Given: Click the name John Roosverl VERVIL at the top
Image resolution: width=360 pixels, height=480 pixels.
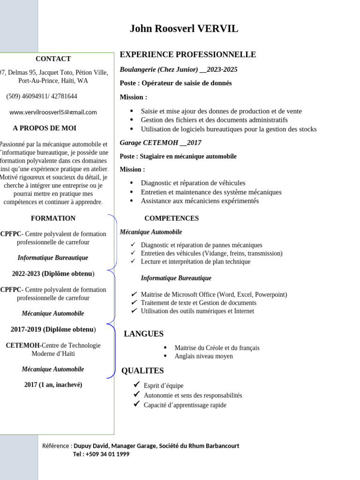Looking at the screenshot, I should (184, 29).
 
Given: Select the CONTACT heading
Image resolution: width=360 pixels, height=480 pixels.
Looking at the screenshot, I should (53, 59).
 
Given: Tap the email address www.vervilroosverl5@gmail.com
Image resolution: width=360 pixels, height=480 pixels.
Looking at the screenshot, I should (53, 112).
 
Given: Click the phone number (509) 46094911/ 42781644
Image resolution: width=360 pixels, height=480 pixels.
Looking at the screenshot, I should (42, 96).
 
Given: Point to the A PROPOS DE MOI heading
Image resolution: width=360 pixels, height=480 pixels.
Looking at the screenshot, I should (45, 128).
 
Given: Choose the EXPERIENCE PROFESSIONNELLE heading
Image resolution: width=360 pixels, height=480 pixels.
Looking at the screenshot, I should (188, 54).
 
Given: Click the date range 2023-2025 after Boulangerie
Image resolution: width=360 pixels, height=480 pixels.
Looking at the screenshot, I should (222, 69).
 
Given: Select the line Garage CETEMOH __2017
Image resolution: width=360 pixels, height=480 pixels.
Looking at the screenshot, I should (160, 142).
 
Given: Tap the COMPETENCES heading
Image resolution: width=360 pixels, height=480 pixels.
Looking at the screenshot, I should (172, 218).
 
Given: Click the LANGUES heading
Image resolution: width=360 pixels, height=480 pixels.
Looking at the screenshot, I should (143, 334).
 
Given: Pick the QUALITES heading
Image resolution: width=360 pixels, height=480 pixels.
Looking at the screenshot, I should (142, 371).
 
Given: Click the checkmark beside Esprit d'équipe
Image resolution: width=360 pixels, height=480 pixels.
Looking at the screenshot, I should (136, 384).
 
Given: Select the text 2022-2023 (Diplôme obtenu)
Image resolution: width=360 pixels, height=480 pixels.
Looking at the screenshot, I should (53, 273).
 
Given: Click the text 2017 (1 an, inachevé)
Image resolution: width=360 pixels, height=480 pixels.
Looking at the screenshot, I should (53, 385).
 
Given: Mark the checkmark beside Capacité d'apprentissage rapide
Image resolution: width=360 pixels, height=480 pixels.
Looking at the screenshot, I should (136, 404).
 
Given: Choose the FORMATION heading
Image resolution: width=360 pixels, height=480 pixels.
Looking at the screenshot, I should (53, 218).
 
